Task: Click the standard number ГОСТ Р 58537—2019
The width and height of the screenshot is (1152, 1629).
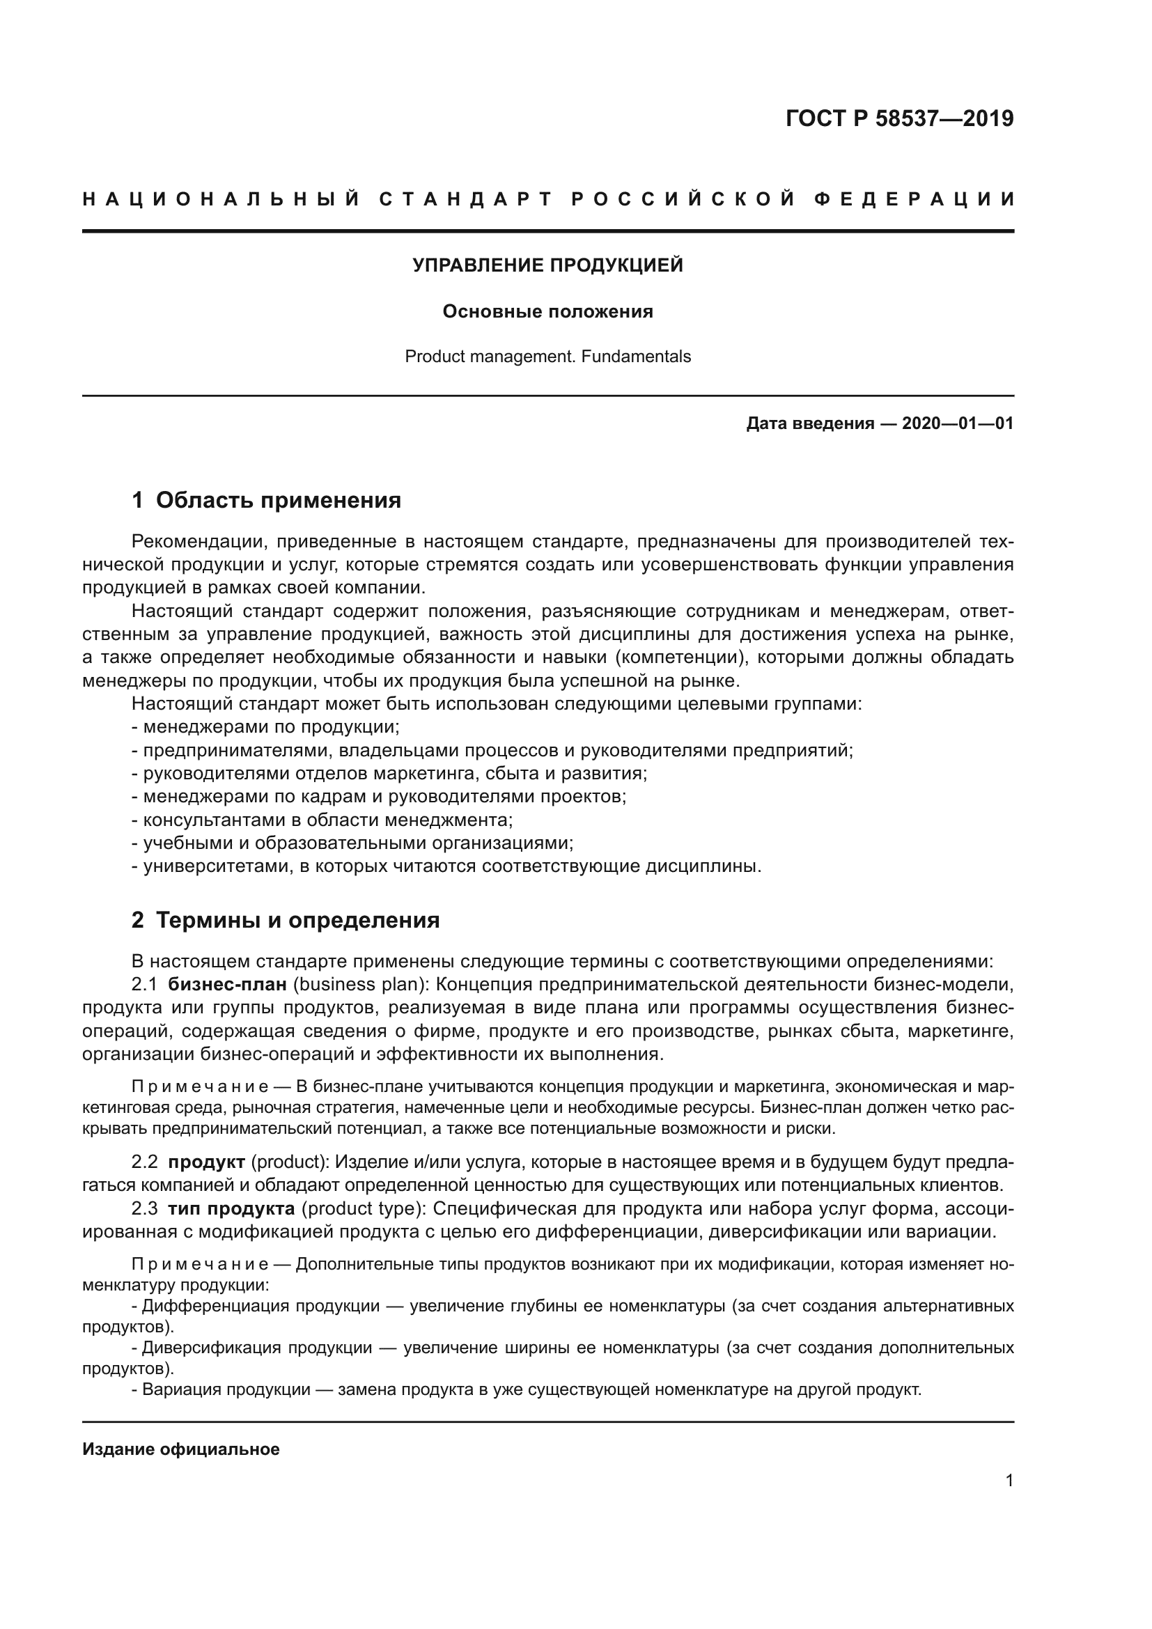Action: point(898,118)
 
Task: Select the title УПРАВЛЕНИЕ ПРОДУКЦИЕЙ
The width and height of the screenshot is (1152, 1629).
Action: point(547,265)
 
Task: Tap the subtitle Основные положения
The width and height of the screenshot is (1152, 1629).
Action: point(547,311)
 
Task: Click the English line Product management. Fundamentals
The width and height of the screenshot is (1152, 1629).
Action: point(547,356)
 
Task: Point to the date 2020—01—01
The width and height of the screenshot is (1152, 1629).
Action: point(957,424)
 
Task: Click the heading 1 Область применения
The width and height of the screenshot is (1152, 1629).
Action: point(266,500)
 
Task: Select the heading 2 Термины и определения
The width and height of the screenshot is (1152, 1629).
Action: point(285,920)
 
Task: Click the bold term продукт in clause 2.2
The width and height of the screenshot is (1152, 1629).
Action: point(206,1162)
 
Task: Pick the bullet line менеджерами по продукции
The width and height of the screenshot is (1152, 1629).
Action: point(266,727)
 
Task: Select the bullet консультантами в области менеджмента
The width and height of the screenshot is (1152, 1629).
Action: point(322,820)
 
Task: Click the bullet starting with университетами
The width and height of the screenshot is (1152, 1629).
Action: point(447,866)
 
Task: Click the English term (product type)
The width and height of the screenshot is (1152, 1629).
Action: point(360,1208)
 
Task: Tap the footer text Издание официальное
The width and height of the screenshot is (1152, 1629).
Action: point(181,1449)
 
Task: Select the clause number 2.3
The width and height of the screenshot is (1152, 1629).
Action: point(145,1208)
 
